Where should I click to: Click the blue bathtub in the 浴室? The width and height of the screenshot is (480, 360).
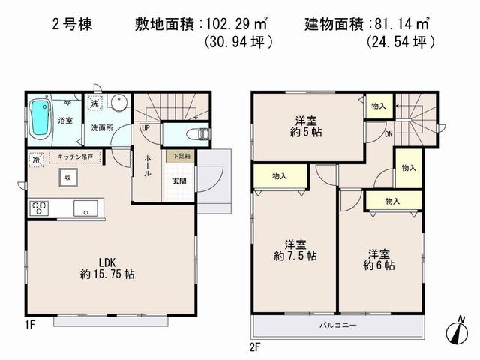40,118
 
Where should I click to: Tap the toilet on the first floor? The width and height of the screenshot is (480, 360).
196,133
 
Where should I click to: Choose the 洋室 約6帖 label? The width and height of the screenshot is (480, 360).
379,259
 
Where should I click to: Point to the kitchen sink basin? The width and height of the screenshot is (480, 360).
87,207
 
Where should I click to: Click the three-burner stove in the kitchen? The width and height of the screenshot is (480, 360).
39,207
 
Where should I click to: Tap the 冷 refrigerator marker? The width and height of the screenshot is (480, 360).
36,160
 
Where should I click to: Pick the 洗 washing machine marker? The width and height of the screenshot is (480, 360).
95,103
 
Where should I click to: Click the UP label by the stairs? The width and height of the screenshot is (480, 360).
144,127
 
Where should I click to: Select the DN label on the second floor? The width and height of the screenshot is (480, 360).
388,134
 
